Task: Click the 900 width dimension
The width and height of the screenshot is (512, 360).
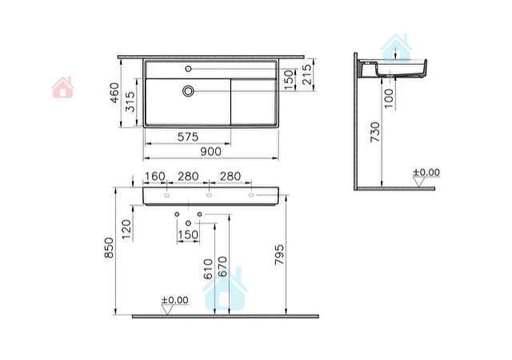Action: tap(210, 151)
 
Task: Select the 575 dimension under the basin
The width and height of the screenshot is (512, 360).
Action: tap(188, 137)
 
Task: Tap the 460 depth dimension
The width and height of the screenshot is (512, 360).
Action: tap(114, 93)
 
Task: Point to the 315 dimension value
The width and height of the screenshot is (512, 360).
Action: tap(130, 102)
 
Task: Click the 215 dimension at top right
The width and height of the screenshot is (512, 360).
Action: tap(307, 74)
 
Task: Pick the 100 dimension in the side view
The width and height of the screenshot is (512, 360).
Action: tap(389, 98)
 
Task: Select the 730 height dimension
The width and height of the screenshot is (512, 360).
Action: tap(375, 132)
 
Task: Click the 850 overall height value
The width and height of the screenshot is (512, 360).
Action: tap(109, 248)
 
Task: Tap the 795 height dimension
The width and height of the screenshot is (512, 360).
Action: tap(279, 254)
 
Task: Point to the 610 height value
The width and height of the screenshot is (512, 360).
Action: tap(208, 269)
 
